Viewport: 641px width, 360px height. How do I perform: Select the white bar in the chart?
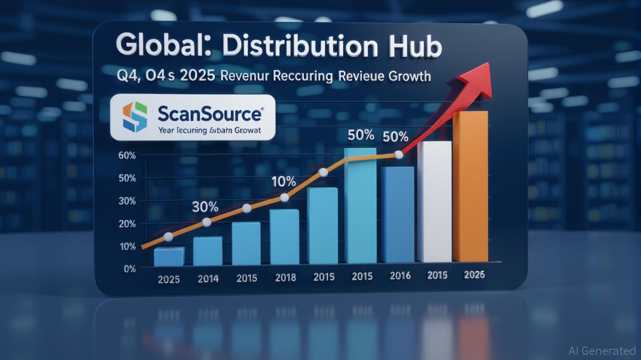[x=434, y=202]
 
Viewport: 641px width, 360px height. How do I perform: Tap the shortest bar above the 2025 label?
[x=169, y=256]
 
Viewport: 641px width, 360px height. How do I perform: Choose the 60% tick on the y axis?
[x=127, y=156]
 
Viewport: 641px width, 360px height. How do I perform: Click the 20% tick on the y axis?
[x=127, y=224]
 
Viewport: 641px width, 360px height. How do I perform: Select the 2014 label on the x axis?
[x=208, y=279]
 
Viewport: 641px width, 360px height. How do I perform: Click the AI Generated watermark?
[x=602, y=351]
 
